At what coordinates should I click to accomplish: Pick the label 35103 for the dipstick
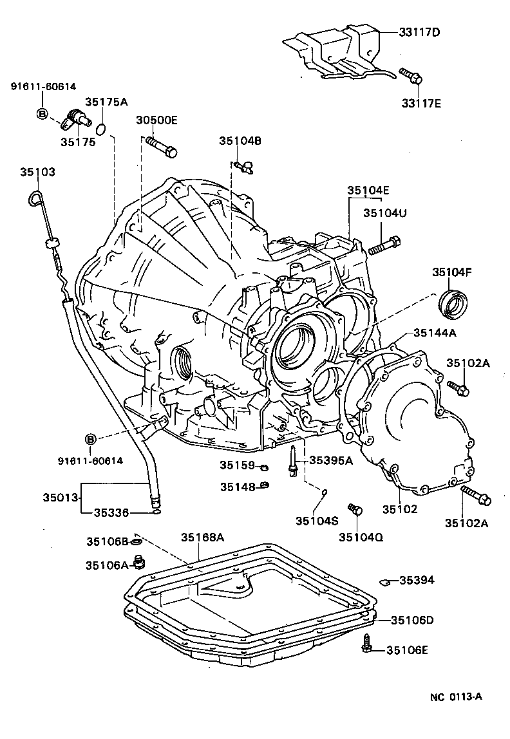click(x=37, y=172)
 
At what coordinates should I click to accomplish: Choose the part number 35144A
click(x=435, y=333)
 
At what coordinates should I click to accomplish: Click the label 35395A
click(x=331, y=460)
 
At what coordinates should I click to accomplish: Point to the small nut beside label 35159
click(x=263, y=465)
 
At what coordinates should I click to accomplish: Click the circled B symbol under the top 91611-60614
click(x=42, y=114)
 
